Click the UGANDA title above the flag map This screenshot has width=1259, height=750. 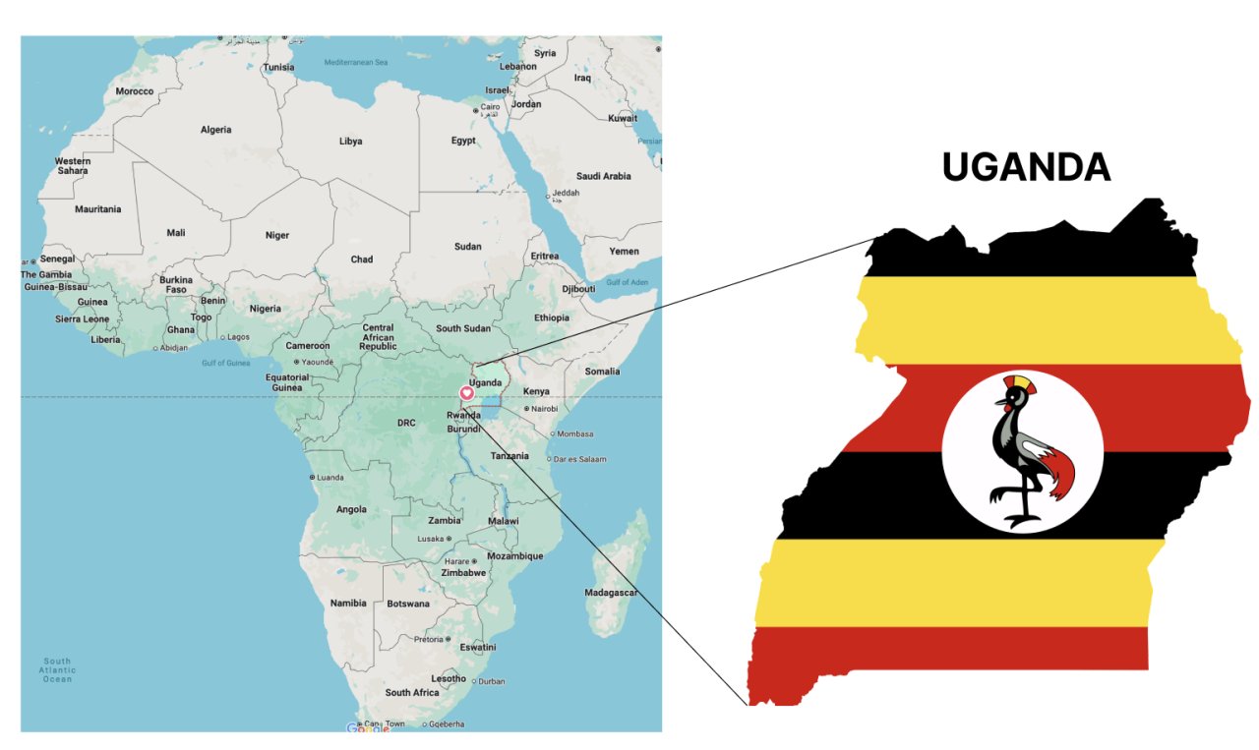(x=1026, y=167)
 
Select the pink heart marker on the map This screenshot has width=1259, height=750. (x=467, y=393)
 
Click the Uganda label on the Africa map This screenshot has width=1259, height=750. (x=486, y=382)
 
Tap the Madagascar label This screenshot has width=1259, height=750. (x=611, y=593)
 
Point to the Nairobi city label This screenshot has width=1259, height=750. (x=544, y=408)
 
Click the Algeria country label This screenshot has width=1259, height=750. (x=215, y=130)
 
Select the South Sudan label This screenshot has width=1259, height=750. (x=462, y=328)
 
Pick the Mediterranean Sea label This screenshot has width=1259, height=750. (x=356, y=62)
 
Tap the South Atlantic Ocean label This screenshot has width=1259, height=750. (x=57, y=670)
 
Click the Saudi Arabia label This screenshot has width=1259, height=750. (x=603, y=176)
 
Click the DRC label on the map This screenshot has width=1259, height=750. (x=406, y=423)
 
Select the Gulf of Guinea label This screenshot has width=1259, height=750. (x=226, y=363)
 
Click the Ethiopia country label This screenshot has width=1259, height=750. (x=551, y=317)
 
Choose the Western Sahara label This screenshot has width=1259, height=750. (x=72, y=165)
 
